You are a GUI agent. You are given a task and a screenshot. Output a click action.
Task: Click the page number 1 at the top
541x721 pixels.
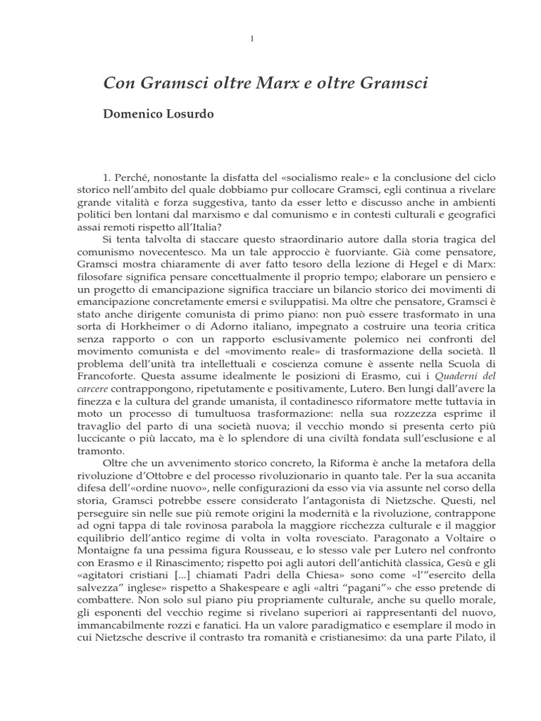(x=252, y=38)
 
